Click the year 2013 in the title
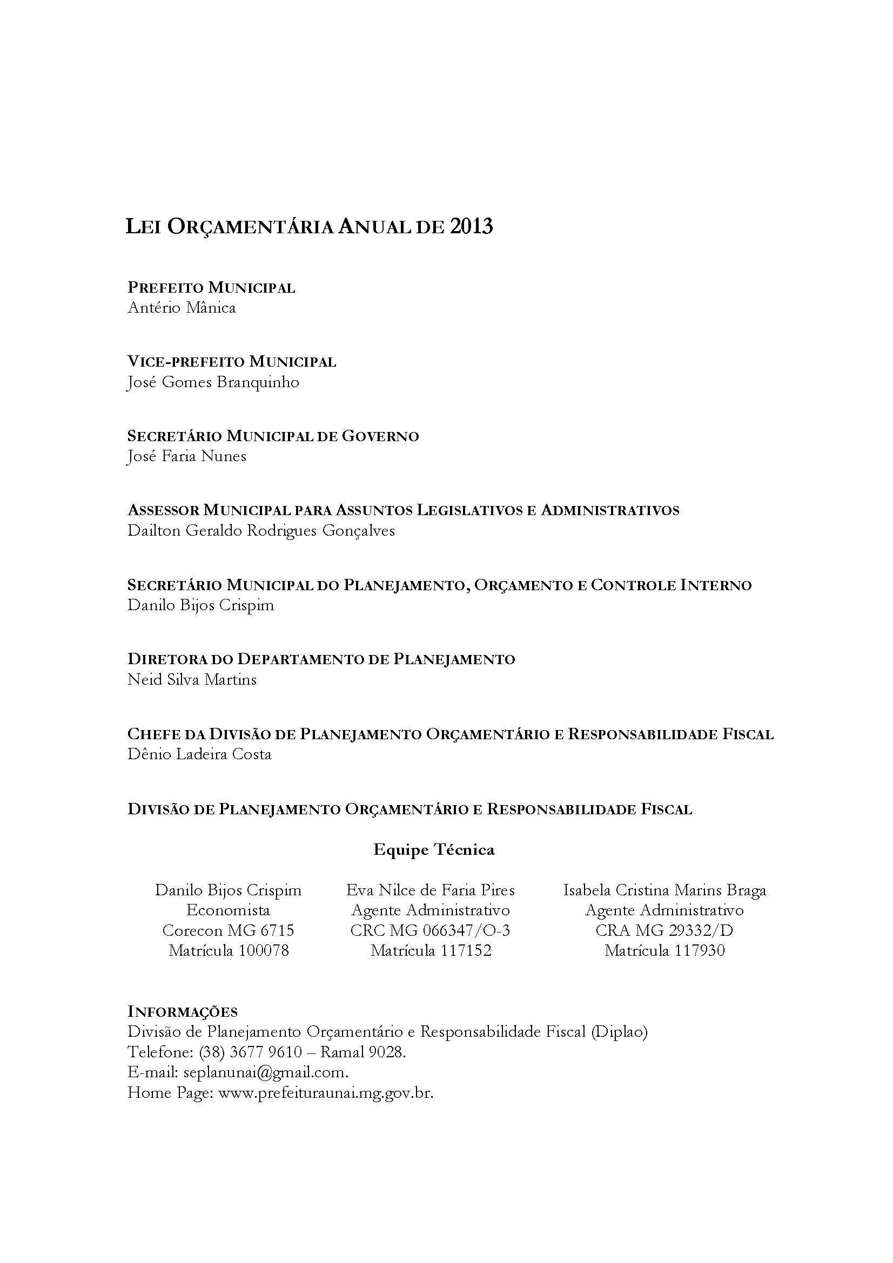coord(471,227)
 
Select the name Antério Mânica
coord(182,307)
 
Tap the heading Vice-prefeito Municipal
coord(232,361)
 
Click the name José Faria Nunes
coord(186,456)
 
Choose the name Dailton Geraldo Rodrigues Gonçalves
coord(261,530)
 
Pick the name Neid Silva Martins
coord(192,679)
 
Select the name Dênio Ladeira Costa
coord(199,754)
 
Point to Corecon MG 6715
coord(229,930)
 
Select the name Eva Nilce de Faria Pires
coord(430,889)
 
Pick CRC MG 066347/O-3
coord(430,930)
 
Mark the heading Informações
coord(182,1011)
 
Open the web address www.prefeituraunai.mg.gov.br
coord(326,1092)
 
